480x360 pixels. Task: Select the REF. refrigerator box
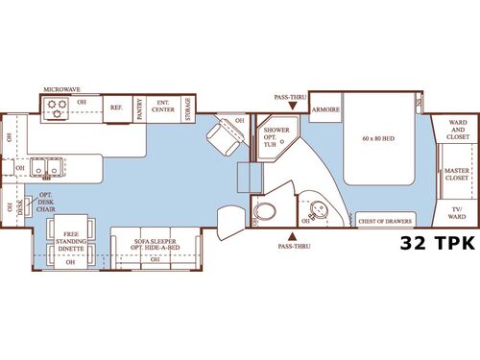[x=116, y=108]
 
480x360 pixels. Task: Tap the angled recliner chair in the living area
[x=228, y=137]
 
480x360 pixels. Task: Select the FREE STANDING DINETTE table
[x=69, y=241]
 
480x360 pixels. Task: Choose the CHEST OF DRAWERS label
[x=384, y=221]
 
